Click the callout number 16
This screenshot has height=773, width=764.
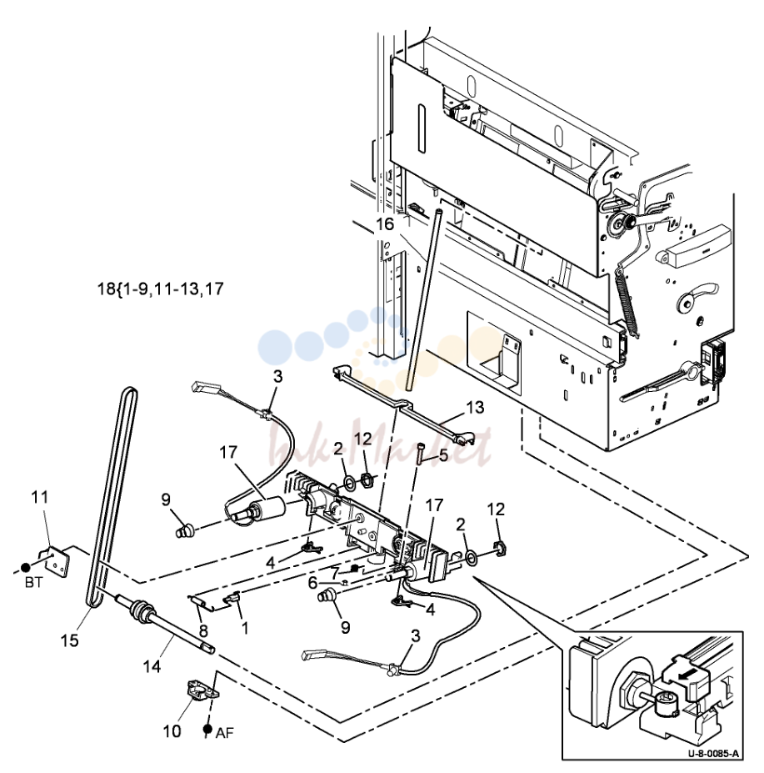click(x=385, y=223)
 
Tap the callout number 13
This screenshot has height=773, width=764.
click(x=475, y=407)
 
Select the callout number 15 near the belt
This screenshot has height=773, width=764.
click(x=69, y=640)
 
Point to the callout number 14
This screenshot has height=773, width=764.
click(x=152, y=666)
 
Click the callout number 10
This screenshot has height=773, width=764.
click(x=172, y=731)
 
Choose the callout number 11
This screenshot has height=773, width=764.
click(x=40, y=497)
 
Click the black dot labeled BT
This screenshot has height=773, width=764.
click(x=26, y=568)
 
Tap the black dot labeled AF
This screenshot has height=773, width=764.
click(x=207, y=729)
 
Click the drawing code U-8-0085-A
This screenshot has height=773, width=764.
click(x=713, y=754)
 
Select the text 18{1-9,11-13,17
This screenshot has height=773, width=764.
click(x=161, y=289)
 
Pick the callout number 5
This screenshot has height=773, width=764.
click(x=443, y=455)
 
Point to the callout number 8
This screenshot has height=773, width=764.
click(x=203, y=630)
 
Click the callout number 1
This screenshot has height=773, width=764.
click(x=245, y=628)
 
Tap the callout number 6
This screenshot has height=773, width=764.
click(x=312, y=583)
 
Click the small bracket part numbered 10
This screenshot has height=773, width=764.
click(x=202, y=690)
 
